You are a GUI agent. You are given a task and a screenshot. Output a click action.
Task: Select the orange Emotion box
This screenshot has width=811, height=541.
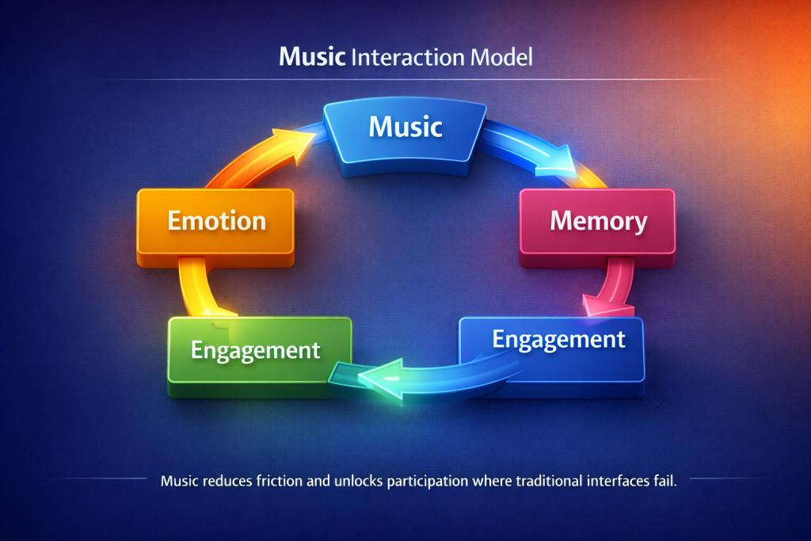click(216, 221)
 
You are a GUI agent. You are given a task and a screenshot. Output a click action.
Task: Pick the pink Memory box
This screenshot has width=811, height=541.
click(598, 221)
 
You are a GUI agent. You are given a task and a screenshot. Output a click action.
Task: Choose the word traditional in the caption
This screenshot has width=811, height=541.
click(533, 482)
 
